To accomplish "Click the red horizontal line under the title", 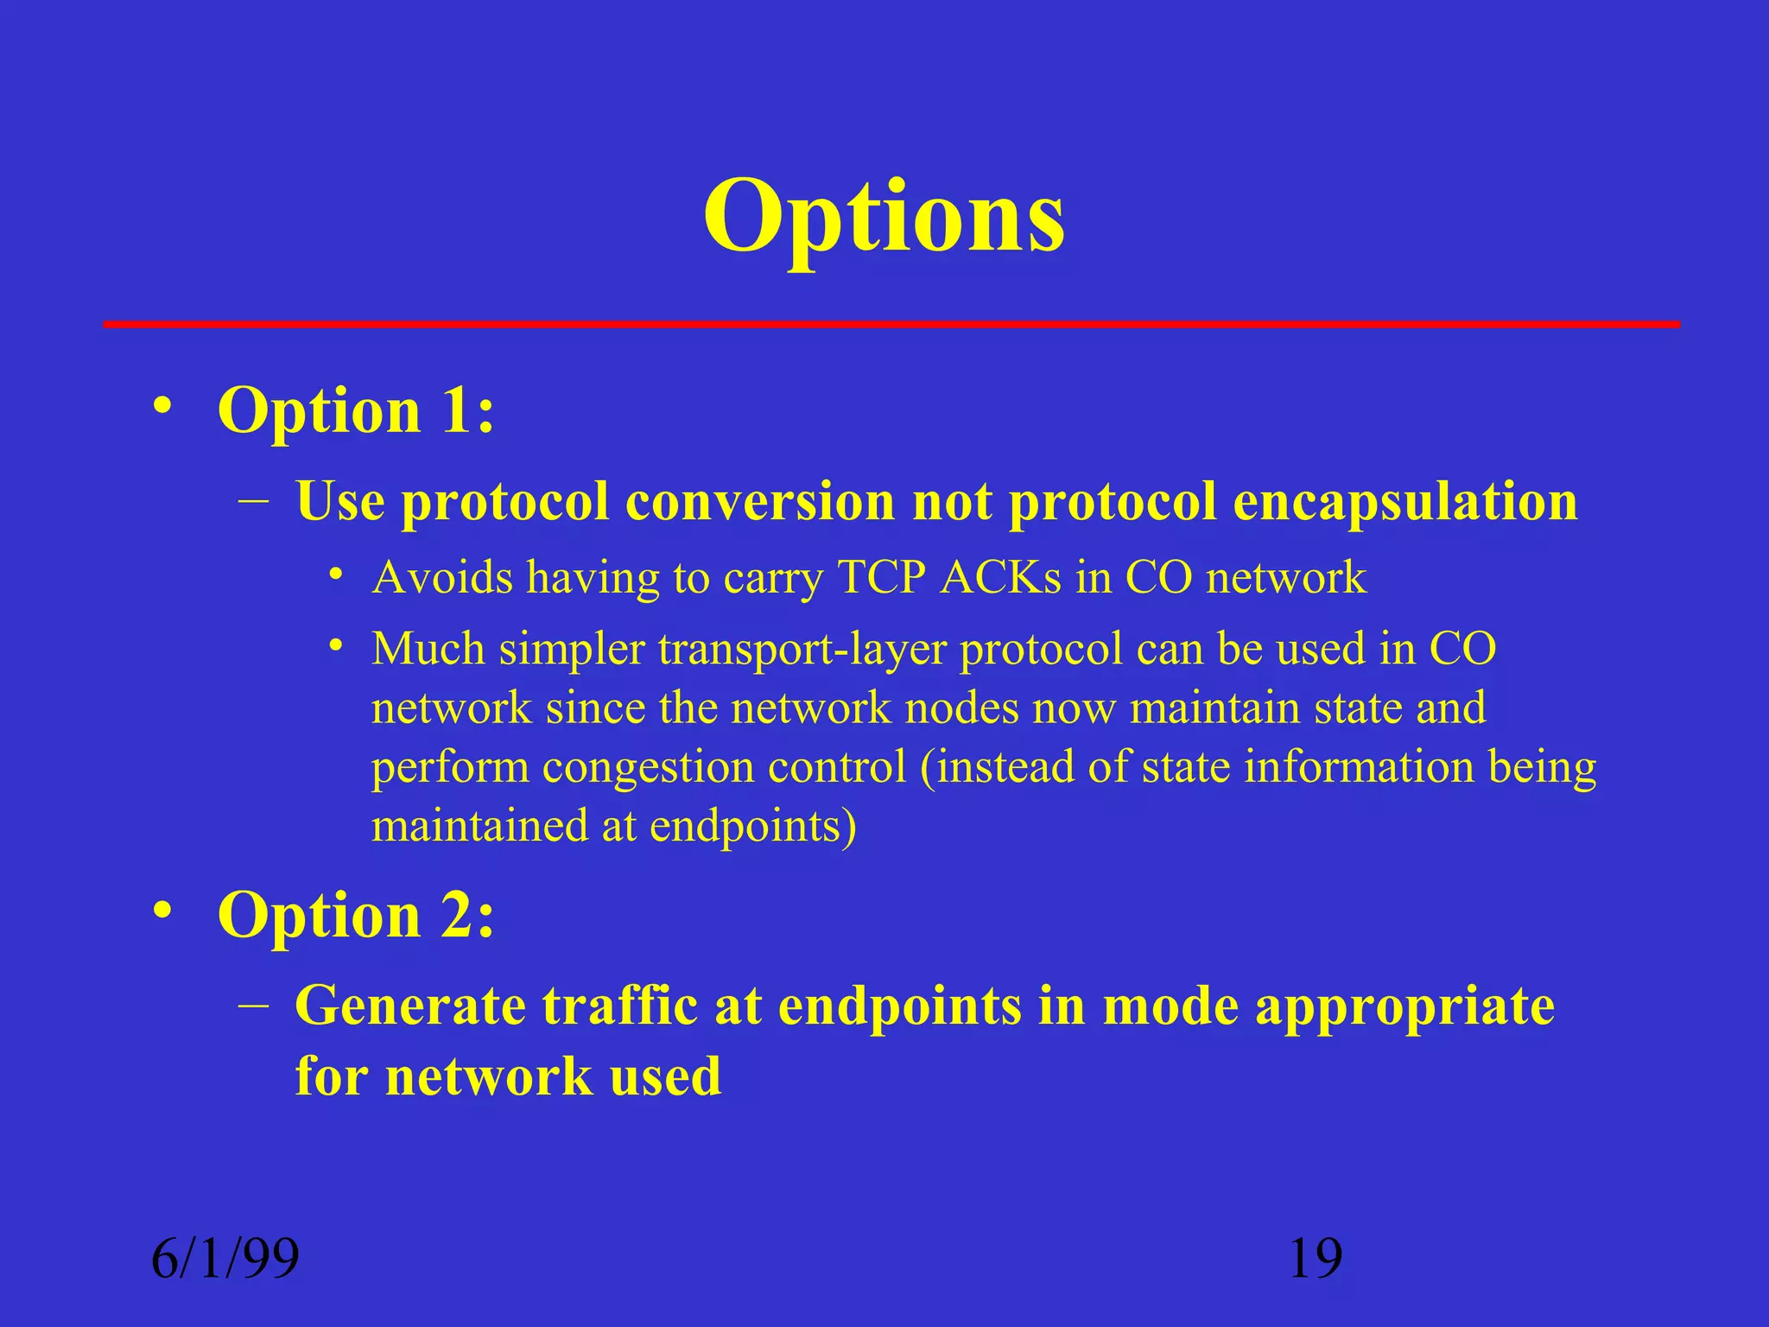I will pyautogui.click(x=891, y=325).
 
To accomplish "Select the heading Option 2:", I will pyautogui.click(x=356, y=915).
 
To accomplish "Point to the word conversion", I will pyautogui.click(x=760, y=501).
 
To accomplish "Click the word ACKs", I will pyautogui.click(x=1000, y=577).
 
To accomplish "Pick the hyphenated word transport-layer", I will pyautogui.click(x=802, y=650).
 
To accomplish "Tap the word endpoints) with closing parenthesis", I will pyautogui.click(x=753, y=826).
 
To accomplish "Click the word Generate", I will pyautogui.click(x=409, y=1006).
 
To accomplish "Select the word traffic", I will pyautogui.click(x=620, y=1006).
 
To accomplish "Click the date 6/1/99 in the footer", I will pyautogui.click(x=225, y=1258).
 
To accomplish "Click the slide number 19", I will pyautogui.click(x=1316, y=1258).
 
